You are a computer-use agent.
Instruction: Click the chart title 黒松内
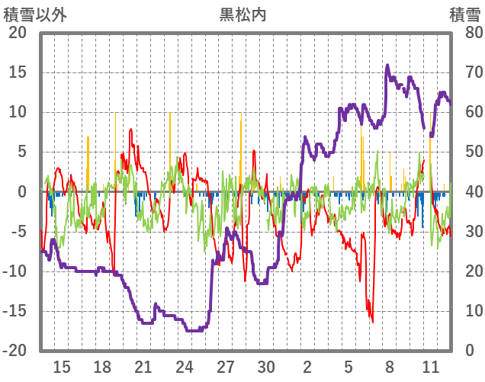tap(242, 14)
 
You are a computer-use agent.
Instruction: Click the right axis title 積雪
tap(464, 14)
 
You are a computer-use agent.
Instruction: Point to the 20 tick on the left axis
tap(18, 33)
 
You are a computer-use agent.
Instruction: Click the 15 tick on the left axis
tap(18, 72)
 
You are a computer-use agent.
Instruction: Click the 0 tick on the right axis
tap(469, 351)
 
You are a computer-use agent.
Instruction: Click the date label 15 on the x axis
tap(62, 366)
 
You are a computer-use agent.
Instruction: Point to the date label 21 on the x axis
tap(143, 366)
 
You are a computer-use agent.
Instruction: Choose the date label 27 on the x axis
tap(225, 366)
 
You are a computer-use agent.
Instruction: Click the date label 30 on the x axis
tap(266, 366)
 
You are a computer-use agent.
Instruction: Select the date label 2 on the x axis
tap(307, 366)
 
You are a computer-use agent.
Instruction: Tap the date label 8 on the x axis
tap(389, 366)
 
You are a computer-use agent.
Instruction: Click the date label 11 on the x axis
tap(430, 366)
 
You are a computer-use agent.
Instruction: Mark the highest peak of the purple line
tap(387, 66)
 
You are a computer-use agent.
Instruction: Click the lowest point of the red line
tap(372, 322)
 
